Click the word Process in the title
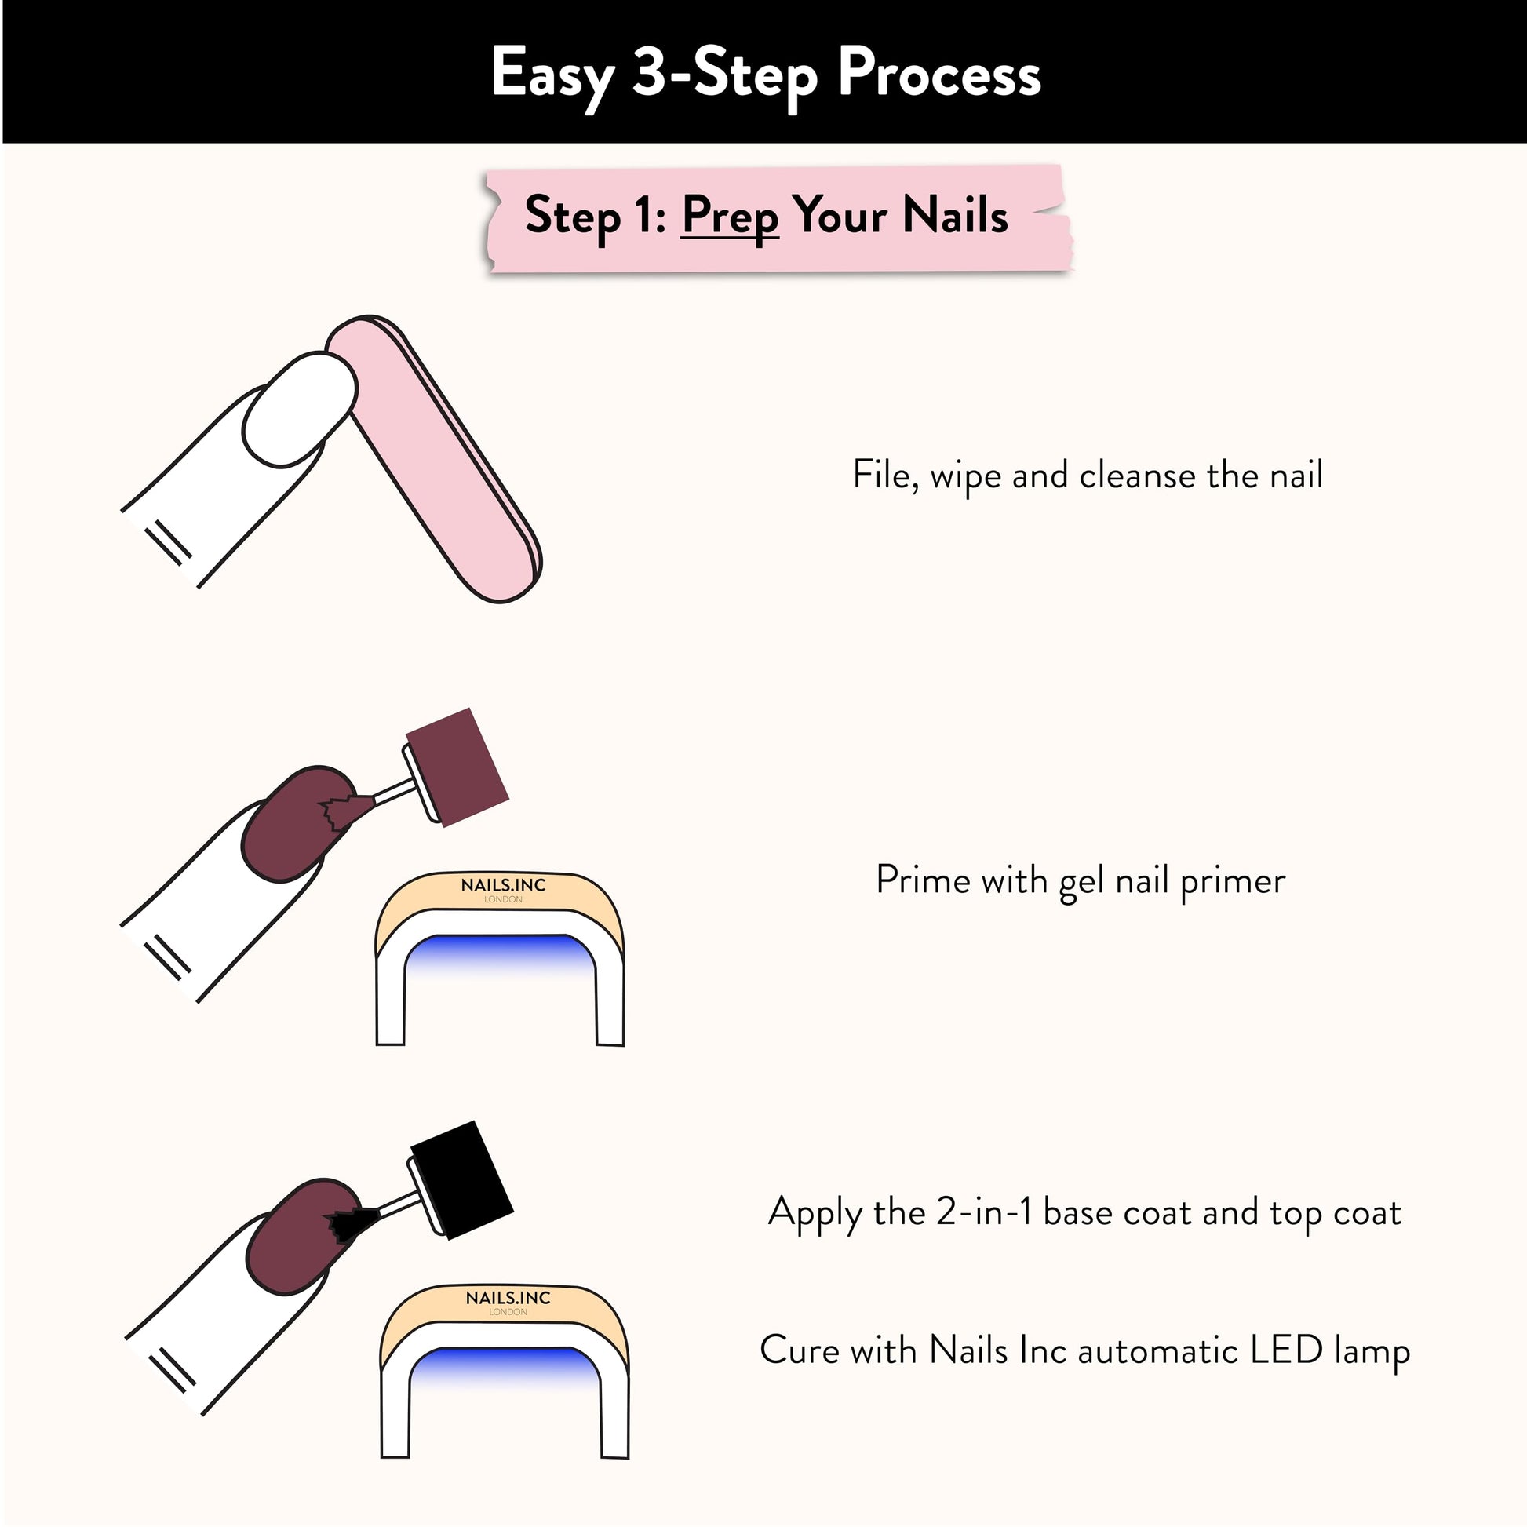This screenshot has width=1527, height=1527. coord(939,74)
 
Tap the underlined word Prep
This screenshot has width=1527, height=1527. coord(731,217)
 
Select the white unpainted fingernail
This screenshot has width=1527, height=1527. coord(300,410)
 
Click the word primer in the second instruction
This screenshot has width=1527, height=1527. coord(1232,881)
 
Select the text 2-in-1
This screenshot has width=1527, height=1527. coord(984,1212)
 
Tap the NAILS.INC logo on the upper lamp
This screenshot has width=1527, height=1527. coord(504,885)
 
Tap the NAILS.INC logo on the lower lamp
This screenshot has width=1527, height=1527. coord(508,1298)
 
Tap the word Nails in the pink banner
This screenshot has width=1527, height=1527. coord(955,215)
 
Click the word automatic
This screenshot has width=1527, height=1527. coord(1158,1350)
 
